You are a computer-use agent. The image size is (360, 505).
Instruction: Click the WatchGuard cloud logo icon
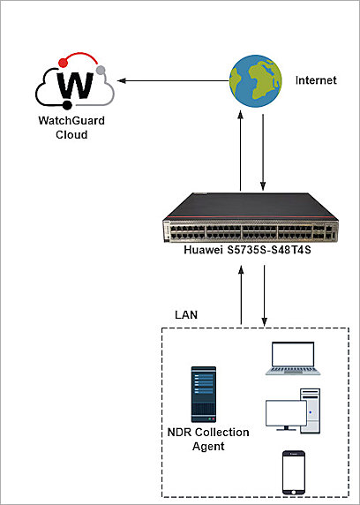click(x=76, y=82)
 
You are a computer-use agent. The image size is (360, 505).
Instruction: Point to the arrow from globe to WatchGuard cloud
click(x=171, y=81)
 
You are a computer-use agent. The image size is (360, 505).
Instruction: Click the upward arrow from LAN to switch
click(x=241, y=296)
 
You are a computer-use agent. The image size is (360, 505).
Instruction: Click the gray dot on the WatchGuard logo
click(x=103, y=70)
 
